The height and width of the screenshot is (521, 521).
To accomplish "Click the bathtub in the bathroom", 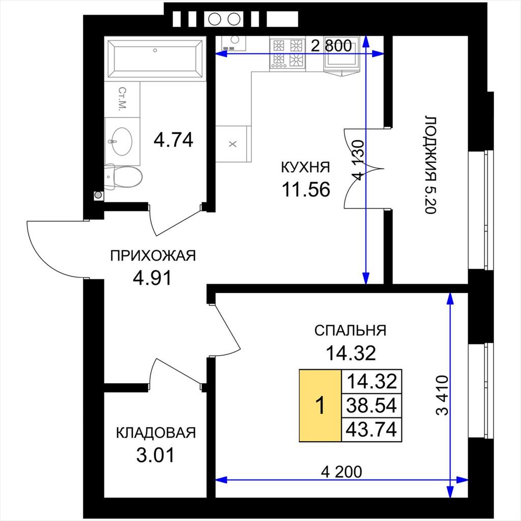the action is (x=155, y=59).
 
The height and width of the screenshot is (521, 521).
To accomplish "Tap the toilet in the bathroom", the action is (x=123, y=177).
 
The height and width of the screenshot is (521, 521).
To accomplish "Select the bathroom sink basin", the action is (x=122, y=141).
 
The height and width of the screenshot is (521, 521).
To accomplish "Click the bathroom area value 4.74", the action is (x=173, y=139).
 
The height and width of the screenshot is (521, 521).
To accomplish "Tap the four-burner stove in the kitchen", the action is (x=287, y=53).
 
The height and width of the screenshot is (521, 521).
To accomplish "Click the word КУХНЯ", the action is (x=306, y=167).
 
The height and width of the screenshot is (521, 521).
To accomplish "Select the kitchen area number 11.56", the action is (x=306, y=190).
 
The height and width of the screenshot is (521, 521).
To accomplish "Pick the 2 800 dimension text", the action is (x=331, y=45).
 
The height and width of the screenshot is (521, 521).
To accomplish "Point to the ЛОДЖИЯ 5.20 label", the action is (x=430, y=165).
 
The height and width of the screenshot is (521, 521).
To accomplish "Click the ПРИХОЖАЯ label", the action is (x=153, y=256).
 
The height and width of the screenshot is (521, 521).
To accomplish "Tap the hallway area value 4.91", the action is (x=152, y=278).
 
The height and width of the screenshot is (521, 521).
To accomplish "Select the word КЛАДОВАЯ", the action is (x=156, y=433).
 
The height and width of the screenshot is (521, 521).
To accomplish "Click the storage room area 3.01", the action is (x=156, y=455).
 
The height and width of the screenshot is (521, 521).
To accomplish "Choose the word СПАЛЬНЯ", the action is (x=350, y=331).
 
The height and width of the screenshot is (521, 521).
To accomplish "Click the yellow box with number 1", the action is (x=321, y=406).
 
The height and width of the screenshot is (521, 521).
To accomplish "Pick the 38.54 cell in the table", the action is (x=371, y=406).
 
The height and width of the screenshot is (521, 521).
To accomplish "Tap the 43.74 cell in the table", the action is (x=371, y=429).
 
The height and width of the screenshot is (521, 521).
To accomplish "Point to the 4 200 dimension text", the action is (x=341, y=472).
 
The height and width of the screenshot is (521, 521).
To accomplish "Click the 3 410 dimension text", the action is (x=442, y=395).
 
